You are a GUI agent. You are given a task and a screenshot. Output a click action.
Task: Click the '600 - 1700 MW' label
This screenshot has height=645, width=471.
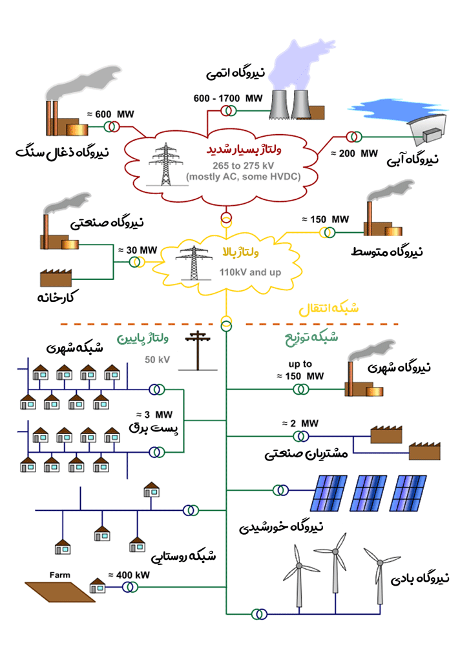(228, 98)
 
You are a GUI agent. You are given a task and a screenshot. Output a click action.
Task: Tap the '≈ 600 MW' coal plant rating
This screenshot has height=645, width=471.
(110, 114)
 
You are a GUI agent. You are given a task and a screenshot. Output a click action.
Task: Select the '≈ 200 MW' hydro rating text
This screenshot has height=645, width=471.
(355, 154)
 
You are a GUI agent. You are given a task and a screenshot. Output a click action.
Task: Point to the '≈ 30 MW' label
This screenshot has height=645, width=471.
(138, 250)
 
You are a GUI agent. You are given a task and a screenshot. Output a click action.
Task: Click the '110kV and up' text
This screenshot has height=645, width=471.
(250, 272)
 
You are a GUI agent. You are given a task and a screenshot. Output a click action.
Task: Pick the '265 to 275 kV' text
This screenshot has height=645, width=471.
(243, 166)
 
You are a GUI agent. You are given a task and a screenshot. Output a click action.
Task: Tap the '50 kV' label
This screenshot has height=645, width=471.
(157, 360)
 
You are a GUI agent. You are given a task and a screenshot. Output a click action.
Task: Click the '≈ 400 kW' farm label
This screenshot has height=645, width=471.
(129, 575)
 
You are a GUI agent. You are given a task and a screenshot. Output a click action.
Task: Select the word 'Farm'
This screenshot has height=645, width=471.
(59, 575)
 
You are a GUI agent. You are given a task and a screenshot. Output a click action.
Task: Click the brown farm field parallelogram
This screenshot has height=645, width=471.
(60, 592)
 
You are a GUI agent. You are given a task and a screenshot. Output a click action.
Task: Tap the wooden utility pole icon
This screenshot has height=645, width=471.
(198, 350)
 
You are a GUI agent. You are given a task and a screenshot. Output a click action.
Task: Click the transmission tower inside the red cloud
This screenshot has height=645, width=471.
(165, 164)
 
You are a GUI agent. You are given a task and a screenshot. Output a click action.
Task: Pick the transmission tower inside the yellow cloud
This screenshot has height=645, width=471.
(193, 263)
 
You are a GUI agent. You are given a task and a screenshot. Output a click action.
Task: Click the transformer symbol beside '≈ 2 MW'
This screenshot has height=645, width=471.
(301, 436)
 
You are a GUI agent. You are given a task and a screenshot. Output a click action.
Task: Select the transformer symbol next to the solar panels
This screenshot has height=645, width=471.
(280, 490)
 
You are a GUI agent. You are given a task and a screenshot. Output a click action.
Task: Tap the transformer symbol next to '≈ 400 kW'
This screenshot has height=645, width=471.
(131, 588)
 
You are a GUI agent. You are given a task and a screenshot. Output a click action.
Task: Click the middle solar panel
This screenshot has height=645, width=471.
(368, 493)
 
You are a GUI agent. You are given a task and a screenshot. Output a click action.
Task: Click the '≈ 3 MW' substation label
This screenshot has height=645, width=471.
(154, 415)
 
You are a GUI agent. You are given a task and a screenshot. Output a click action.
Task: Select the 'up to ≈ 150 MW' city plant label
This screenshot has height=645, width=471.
(300, 370)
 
